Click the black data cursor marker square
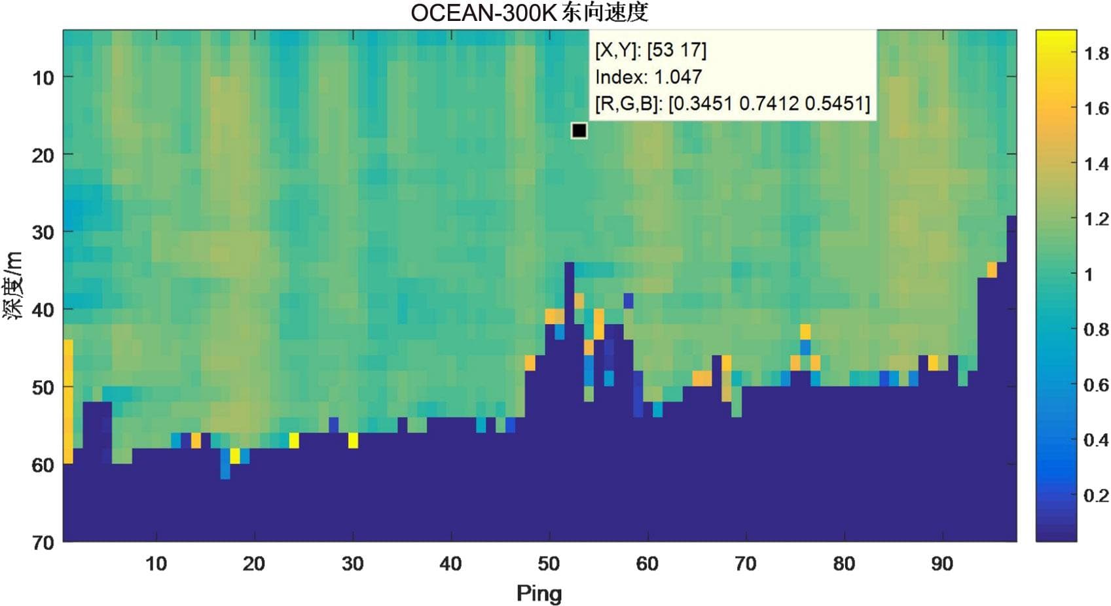[x=579, y=131]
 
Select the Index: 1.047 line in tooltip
[x=648, y=77]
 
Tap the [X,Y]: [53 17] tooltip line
[x=651, y=50]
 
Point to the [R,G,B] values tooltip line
[x=733, y=103]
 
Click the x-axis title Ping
[x=539, y=593]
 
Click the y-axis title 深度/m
[x=14, y=285]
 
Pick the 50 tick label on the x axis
[x=549, y=563]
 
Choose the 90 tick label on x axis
[x=942, y=563]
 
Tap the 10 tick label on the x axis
[x=156, y=563]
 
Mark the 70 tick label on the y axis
[x=43, y=542]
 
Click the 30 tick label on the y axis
[x=43, y=232]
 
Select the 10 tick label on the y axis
[x=43, y=78]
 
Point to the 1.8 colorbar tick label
[x=1096, y=53]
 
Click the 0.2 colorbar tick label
[x=1096, y=495]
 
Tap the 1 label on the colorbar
[x=1089, y=274]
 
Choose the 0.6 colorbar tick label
[x=1096, y=385]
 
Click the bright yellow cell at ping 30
[x=353, y=440]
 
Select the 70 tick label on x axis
[x=746, y=563]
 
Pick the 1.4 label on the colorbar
[x=1096, y=164]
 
